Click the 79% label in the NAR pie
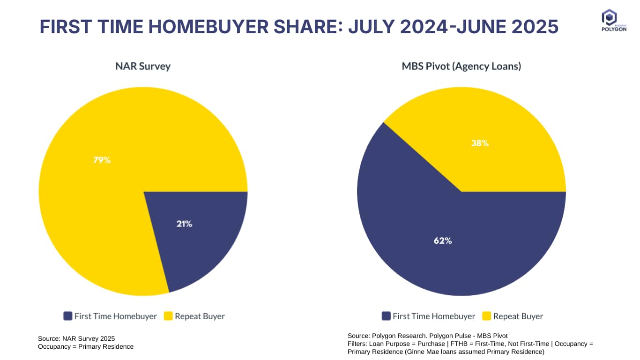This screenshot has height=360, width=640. click(102, 160)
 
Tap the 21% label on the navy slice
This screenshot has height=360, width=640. click(184, 224)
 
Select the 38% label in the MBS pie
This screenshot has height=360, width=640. click(480, 143)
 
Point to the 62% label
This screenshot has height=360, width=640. click(442, 240)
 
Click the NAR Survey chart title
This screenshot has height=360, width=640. click(143, 66)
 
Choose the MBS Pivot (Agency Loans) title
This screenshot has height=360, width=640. click(461, 66)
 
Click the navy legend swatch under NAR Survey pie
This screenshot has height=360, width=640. click(68, 316)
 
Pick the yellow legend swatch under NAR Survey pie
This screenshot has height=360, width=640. click(168, 316)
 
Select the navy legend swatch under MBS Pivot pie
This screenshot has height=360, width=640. click(387, 316)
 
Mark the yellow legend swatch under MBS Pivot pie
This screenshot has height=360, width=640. click(487, 316)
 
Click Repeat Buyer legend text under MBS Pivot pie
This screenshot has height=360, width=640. click(518, 316)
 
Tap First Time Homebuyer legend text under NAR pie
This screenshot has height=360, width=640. click(115, 316)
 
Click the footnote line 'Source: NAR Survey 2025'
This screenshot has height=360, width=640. click(76, 338)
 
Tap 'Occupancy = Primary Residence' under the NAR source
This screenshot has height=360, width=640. click(86, 347)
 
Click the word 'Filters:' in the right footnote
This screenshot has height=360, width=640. click(358, 344)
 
